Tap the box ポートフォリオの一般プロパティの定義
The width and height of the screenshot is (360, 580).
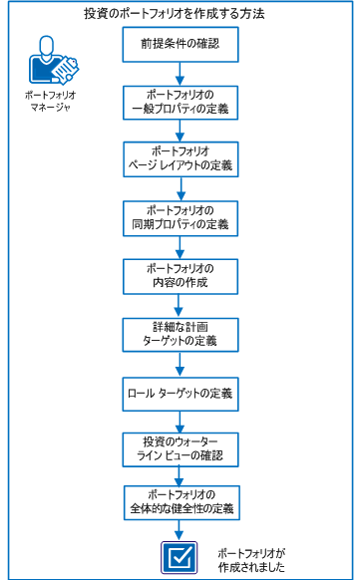tap(180, 102)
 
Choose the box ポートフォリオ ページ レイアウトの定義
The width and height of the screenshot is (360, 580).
tap(180, 157)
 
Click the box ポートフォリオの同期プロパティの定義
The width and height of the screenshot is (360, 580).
tap(180, 217)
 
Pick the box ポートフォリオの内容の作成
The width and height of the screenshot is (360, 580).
tap(180, 275)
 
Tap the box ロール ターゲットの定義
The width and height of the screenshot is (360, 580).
tap(180, 393)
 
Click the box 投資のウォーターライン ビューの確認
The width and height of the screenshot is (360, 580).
tap(180, 447)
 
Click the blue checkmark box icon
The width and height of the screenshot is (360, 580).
tap(180, 556)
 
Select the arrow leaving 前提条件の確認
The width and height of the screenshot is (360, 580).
tap(180, 73)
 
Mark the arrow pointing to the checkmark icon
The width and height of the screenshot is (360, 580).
tap(180, 530)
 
